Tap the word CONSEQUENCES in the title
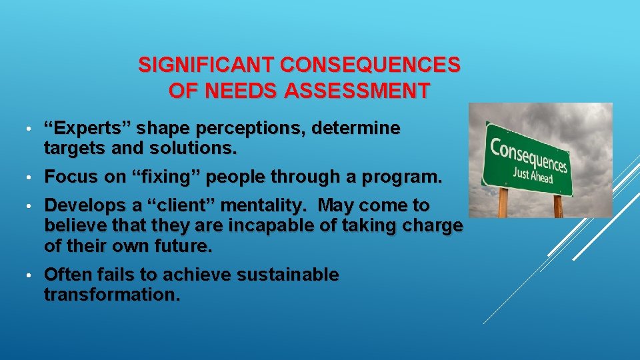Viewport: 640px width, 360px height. pos(370,65)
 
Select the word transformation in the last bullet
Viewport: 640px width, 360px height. pos(111,295)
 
